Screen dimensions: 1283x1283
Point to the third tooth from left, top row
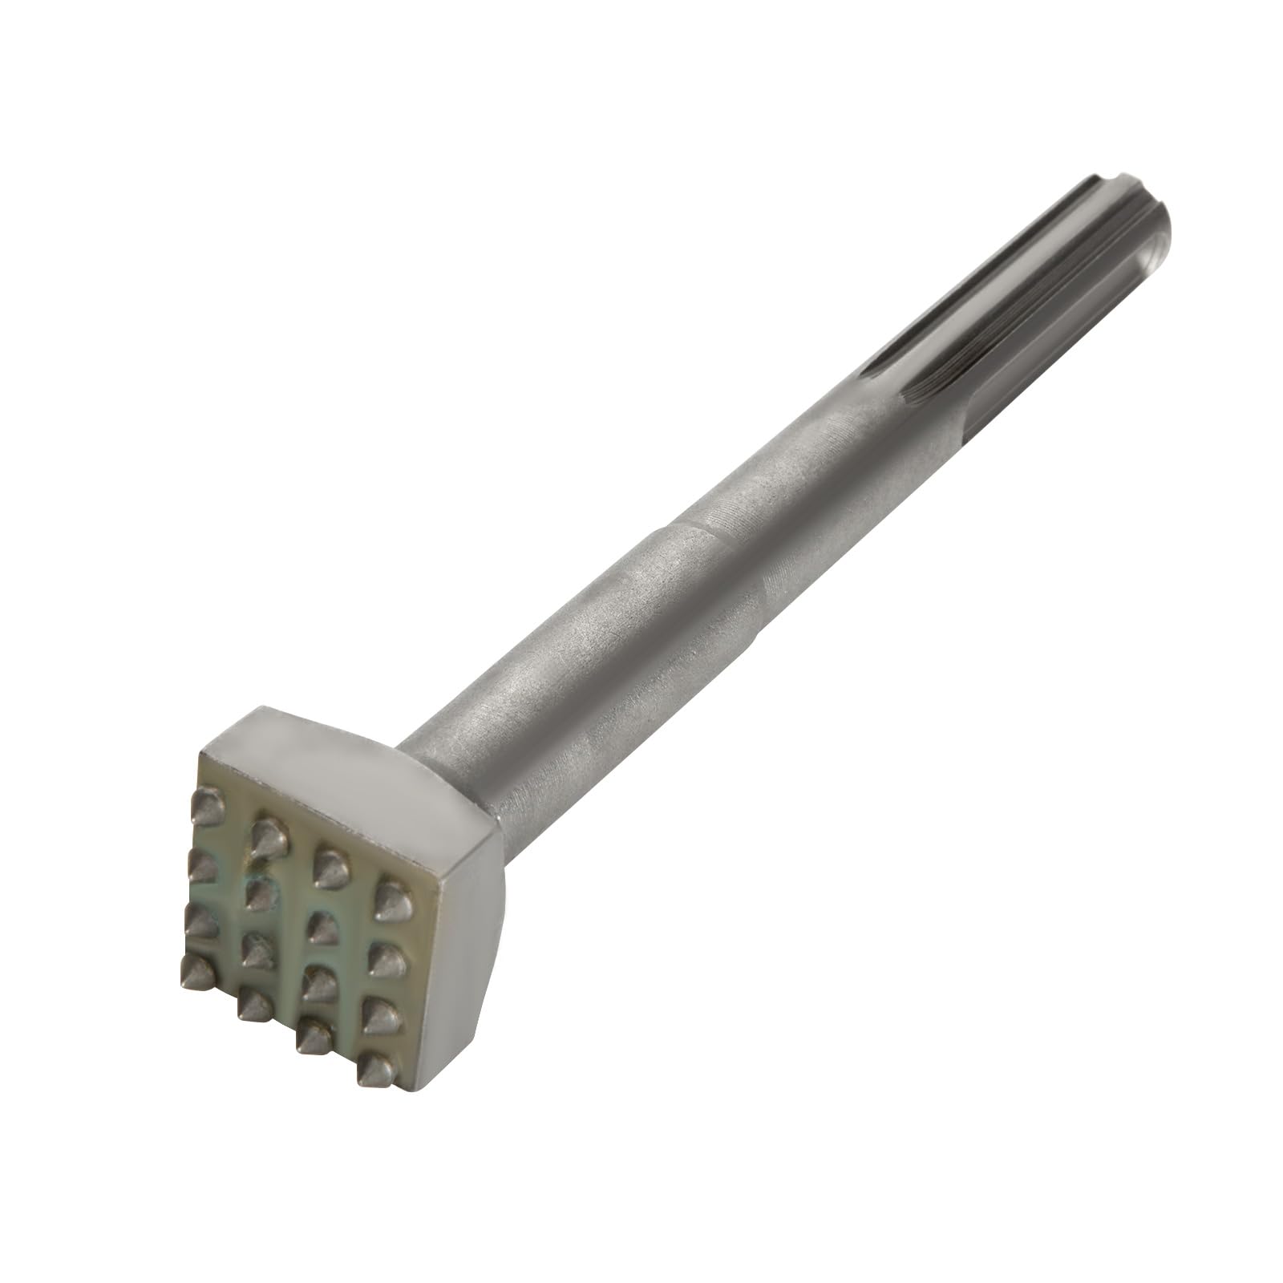[326, 863]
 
